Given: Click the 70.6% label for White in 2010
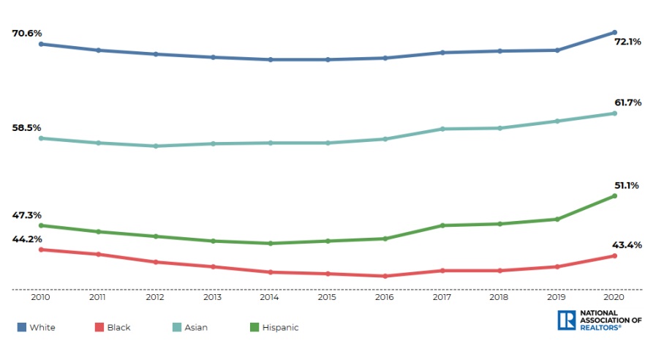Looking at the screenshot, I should tap(26, 33).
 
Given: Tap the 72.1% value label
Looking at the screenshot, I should tap(627, 42).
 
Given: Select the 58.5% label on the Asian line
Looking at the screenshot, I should tap(26, 127).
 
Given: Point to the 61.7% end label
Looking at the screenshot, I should tap(627, 102).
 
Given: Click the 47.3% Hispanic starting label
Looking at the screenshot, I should tap(26, 215).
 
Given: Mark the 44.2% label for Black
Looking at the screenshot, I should tap(26, 239).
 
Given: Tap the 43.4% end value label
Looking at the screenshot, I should tap(627, 244).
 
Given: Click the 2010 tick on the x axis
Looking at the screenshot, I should tap(41, 298).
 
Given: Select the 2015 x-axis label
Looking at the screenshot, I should tap(328, 298).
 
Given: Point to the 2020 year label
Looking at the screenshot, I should tap(614, 298).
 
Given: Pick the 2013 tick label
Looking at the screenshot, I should tap(213, 298).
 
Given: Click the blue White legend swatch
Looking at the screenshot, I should tap(21, 327).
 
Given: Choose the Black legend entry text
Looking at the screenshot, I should tap(118, 328).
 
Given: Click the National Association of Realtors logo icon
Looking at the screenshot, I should tap(566, 320).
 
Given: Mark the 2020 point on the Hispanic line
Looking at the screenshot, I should tap(614, 196).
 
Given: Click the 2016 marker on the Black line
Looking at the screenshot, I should tap(385, 276).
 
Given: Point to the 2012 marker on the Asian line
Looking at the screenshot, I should tap(156, 146).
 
